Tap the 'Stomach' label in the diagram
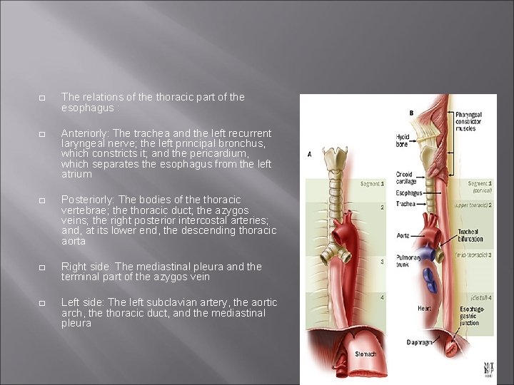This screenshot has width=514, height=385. point(366,354)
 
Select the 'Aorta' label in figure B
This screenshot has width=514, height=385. point(403,235)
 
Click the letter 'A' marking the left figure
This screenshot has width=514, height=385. point(309,154)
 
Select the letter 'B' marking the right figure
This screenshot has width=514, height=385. point(411,113)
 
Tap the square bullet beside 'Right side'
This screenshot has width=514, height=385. point(42,267)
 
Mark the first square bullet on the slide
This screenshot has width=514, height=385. point(42,97)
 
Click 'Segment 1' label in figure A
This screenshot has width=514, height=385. point(371,184)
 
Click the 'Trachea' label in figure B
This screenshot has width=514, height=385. point(406,203)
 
